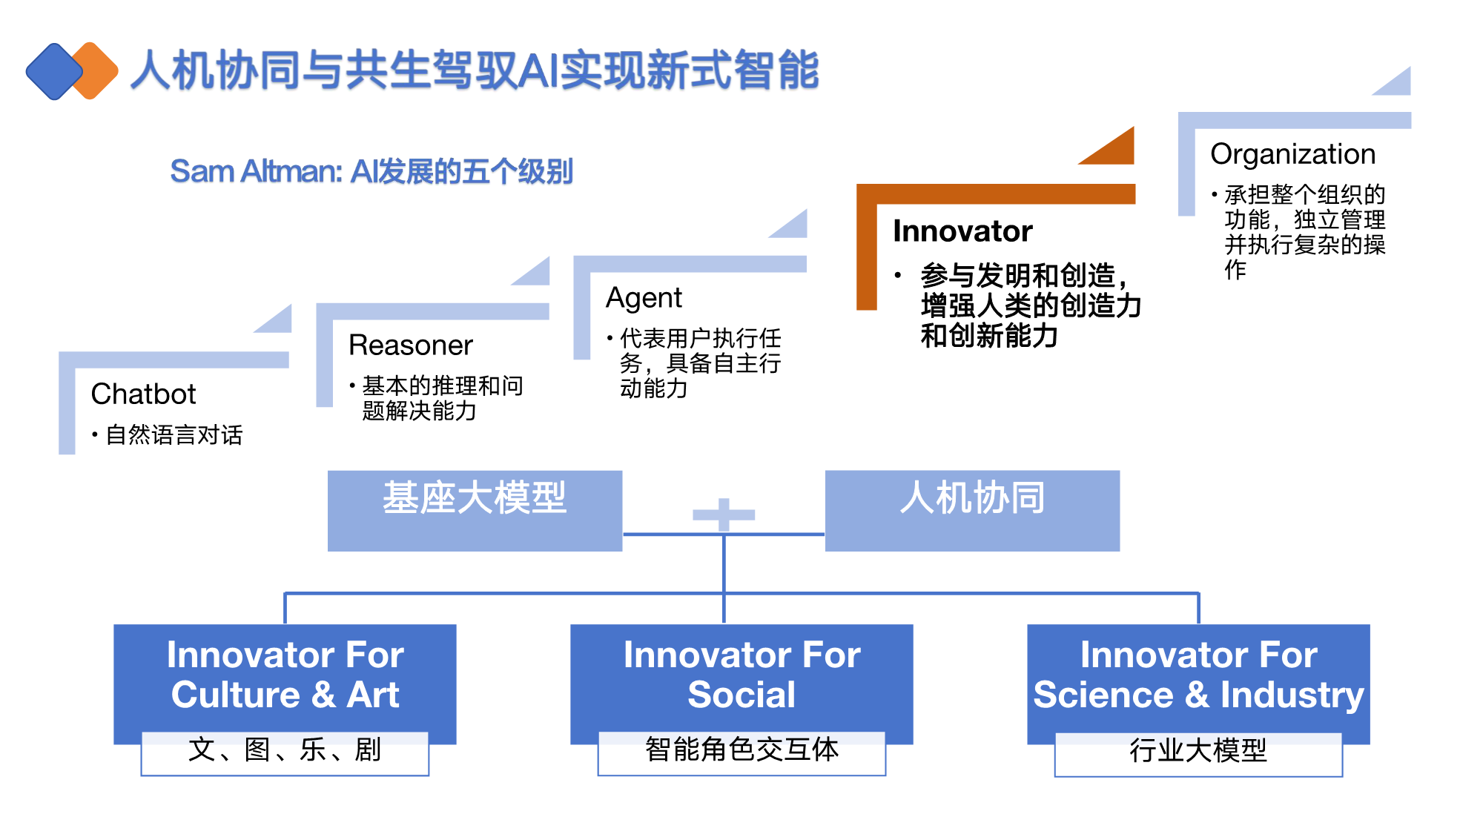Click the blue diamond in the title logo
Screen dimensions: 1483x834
(54, 71)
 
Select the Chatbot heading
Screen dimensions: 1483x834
(143, 394)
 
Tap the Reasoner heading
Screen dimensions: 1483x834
(411, 345)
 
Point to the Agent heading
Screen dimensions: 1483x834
(644, 298)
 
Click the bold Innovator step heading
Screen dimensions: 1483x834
(962, 231)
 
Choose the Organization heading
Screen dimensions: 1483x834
(1292, 154)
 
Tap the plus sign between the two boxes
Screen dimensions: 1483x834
(724, 514)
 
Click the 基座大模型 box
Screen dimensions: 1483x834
(475, 511)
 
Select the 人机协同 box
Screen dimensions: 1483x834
(972, 511)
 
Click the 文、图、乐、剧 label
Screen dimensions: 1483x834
(285, 750)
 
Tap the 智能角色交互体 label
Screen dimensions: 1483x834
(741, 750)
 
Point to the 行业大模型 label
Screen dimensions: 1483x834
(1198, 751)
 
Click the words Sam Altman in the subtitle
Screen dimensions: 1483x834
(256, 171)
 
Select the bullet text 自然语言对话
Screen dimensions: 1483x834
(174, 435)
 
